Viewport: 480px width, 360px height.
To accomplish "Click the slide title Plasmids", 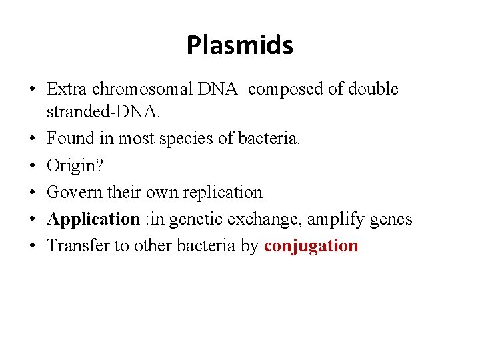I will point(239,45).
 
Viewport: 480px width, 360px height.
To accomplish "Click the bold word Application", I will point(93,219).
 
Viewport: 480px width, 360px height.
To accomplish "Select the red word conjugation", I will point(311,245).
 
